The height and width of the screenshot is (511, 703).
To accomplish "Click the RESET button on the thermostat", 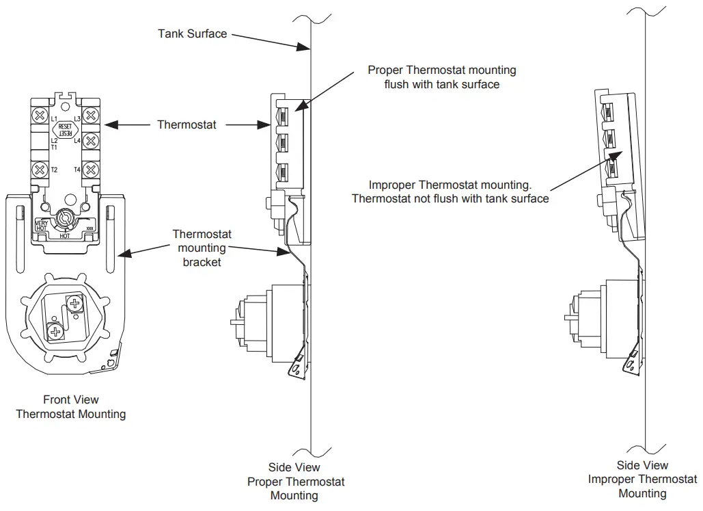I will [x=66, y=130].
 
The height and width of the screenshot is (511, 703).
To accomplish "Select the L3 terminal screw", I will [x=90, y=115].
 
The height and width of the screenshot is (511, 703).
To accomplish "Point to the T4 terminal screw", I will [x=90, y=169].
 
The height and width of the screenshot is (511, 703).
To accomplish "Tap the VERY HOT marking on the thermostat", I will [x=42, y=225].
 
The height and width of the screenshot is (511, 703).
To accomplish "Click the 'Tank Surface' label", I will [x=192, y=33].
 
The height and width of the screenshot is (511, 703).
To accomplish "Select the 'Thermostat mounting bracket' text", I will [x=202, y=248].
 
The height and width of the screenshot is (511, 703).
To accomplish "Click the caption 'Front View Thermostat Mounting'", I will [x=70, y=407].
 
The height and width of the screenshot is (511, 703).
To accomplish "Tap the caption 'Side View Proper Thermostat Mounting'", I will [x=294, y=482].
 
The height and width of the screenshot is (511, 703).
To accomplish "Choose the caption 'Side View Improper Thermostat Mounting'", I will [x=642, y=479].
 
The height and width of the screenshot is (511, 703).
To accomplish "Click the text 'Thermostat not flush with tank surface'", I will [x=450, y=198].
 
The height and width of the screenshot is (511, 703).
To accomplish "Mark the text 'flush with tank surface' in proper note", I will [x=442, y=84].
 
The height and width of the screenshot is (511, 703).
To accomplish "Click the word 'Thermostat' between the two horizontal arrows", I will [x=187, y=125].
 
